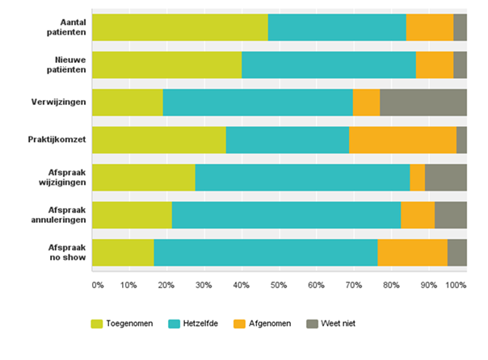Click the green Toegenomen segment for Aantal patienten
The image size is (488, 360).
pos(180,27)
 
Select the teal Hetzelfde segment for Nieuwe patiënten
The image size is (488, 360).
pos(329,65)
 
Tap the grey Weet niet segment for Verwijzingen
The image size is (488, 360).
pos(423,103)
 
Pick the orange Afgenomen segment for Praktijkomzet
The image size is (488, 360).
pos(402,140)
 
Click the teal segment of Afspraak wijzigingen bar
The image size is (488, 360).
pos(302,178)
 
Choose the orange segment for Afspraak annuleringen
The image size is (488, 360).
pos(418,215)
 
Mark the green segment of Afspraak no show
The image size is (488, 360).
pos(124,253)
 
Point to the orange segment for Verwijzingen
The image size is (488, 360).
pos(367,103)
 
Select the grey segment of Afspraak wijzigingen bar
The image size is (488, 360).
pos(446,178)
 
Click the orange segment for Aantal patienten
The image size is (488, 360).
pos(430,27)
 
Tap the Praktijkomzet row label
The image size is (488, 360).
pos(57,140)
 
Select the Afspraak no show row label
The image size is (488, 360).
pos(62,253)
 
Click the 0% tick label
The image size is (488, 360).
pos(97,285)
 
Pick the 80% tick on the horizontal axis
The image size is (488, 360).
pos(391,285)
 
